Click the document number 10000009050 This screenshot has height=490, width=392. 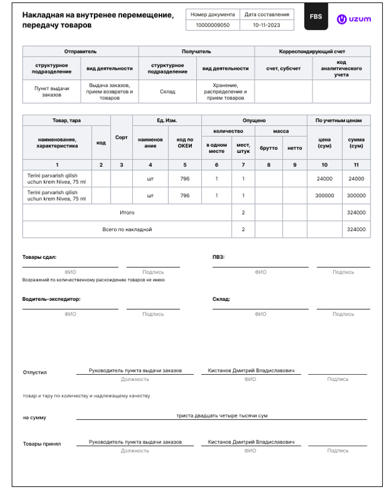212,25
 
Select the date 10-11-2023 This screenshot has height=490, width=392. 266,25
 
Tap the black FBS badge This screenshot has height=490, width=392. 315,18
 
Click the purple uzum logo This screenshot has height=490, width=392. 354,19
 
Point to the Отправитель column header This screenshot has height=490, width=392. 80,52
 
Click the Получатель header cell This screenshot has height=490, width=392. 196,52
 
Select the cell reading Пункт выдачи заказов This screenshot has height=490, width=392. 51,92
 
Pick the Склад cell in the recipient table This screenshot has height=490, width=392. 167,92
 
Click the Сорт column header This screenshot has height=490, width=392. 122,137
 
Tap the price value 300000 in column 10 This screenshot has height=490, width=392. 325,195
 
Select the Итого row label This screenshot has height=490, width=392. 127,213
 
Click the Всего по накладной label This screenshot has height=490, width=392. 127,229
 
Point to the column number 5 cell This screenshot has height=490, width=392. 185,165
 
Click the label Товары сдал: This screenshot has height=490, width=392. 40,257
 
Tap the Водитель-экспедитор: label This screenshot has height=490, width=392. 51,299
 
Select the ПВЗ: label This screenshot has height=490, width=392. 219,257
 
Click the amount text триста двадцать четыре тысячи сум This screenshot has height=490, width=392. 222,415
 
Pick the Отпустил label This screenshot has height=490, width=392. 35,372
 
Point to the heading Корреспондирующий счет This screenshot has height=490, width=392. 312,52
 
